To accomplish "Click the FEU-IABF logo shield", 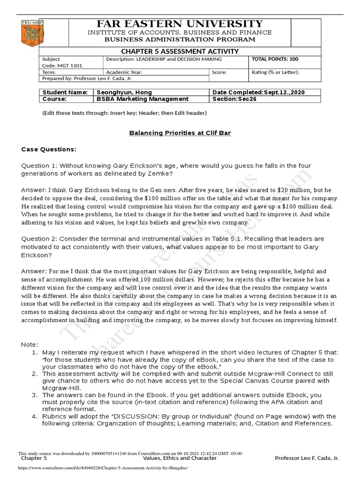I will pyautogui.click(x=30, y=33).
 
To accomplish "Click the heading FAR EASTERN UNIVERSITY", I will pyautogui.click(x=180, y=24).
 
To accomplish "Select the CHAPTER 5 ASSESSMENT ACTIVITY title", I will pyautogui.click(x=180, y=51).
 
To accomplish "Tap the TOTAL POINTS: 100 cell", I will pyautogui.click(x=275, y=60).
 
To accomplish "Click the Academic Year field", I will pyautogui.click(x=124, y=73).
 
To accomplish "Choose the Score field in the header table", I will pyautogui.click(x=219, y=73).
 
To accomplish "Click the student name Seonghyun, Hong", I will pyautogui.click(x=124, y=92).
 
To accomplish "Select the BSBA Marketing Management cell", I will pyautogui.click(x=142, y=99).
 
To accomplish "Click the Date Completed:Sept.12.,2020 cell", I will pyautogui.click(x=259, y=92).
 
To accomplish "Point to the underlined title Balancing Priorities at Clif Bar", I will pyautogui.click(x=180, y=133).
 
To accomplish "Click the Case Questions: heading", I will pyautogui.click(x=49, y=150).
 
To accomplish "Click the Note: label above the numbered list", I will pyautogui.click(x=30, y=345).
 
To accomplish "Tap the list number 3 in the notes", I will pyautogui.click(x=35, y=395).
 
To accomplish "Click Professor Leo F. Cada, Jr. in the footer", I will pyautogui.click(x=307, y=458).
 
